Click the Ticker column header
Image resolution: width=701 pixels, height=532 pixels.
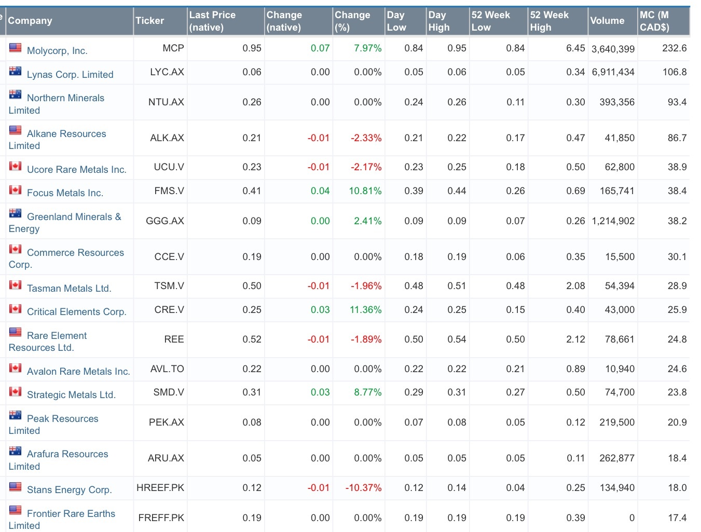coord(149,21)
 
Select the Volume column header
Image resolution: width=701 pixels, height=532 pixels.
coord(607,21)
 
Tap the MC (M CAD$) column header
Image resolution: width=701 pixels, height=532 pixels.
coord(654,21)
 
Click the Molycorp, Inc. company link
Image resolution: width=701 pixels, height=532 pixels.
coord(57,51)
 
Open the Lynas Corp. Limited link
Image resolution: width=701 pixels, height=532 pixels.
coord(70,75)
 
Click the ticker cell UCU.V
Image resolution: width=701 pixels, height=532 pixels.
coord(169,167)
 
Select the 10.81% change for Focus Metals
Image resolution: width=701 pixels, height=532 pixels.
coord(365,191)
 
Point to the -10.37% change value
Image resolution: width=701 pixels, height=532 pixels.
coord(363,488)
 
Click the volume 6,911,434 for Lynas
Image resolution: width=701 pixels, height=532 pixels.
coord(613,72)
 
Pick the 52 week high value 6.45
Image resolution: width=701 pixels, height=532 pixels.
coord(575,48)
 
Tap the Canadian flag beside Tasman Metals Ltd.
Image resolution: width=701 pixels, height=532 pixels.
coord(16,285)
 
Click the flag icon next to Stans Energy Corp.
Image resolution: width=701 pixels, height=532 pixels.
coord(16,487)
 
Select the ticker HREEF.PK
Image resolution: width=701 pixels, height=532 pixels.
coord(160,488)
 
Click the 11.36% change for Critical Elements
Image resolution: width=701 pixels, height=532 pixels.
coord(365,310)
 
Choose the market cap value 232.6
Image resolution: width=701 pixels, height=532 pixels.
coord(674,48)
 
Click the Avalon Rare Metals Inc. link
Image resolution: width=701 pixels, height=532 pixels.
coord(78,372)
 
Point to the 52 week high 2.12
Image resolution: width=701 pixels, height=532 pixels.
coord(575,339)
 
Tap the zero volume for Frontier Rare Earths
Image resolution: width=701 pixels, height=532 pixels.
coord(631,518)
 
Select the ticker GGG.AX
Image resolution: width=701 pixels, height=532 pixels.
coord(165,221)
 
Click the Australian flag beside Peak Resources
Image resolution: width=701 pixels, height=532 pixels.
coord(16,415)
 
